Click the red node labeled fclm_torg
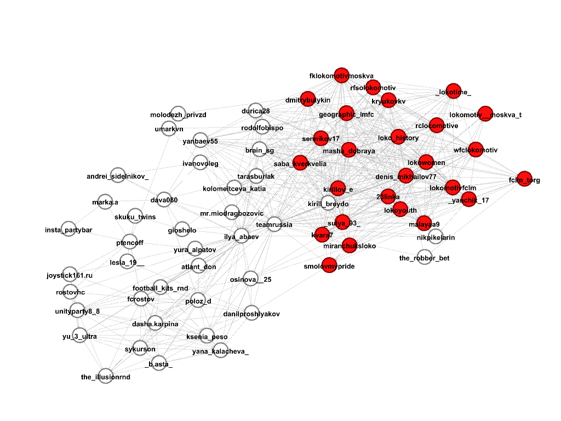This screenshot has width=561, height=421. pyautogui.click(x=524, y=179)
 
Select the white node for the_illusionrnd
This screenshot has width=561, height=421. pyautogui.click(x=106, y=376)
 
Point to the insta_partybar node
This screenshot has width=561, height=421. pyautogui.click(x=68, y=229)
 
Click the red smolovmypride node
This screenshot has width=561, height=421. pyautogui.click(x=329, y=265)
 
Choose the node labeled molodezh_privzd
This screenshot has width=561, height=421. pyautogui.click(x=178, y=114)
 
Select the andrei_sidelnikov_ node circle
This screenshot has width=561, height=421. pyautogui.click(x=118, y=175)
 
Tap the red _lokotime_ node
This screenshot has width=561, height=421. pyautogui.click(x=453, y=92)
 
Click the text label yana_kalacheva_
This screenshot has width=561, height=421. pyautogui.click(x=220, y=352)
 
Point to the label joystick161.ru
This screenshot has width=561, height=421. pyautogui.click(x=70, y=275)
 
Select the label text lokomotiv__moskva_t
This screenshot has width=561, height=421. pyautogui.click(x=485, y=115)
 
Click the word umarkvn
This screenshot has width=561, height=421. pyautogui.click(x=169, y=129)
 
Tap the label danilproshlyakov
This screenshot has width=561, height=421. pyautogui.click(x=251, y=314)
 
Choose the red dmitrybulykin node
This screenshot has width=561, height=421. pyautogui.click(x=307, y=99)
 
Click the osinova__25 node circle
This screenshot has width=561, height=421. pyautogui.click(x=250, y=279)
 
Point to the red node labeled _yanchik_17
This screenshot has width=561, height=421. pyautogui.click(x=468, y=200)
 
